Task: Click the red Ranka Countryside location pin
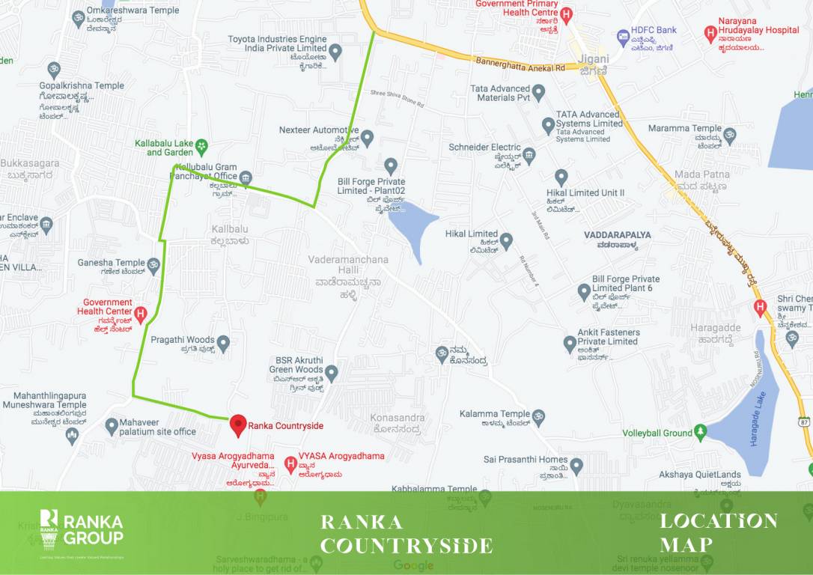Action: click(238, 425)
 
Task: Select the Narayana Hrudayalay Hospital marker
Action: click(710, 34)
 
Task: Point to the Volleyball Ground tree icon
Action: click(700, 432)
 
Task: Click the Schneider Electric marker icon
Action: click(529, 156)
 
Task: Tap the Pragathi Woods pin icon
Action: click(223, 344)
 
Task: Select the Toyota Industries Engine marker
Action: click(335, 52)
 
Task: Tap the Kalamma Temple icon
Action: click(538, 416)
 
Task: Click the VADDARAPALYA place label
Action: click(618, 235)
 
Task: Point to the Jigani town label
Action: click(593, 59)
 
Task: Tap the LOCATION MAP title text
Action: click(718, 532)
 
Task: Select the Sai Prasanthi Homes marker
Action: click(576, 466)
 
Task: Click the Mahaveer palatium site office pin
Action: click(112, 427)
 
